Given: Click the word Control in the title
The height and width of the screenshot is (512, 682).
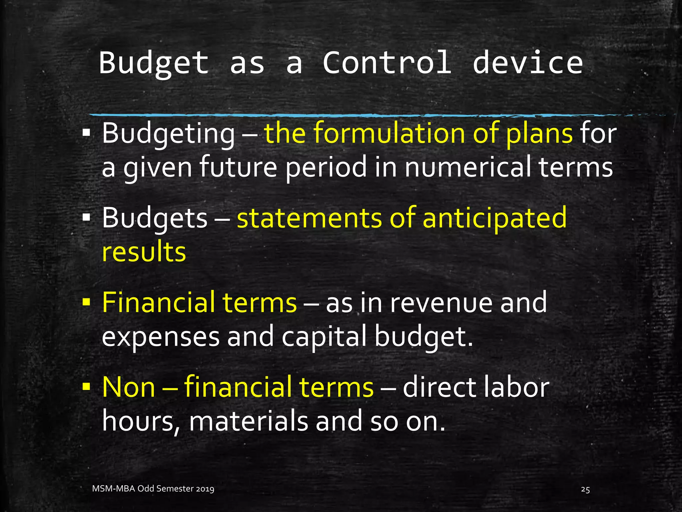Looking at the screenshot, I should [x=387, y=63].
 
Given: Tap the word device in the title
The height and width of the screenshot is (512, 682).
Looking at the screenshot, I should [x=528, y=63].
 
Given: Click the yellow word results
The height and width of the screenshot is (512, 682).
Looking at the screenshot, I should [x=144, y=252].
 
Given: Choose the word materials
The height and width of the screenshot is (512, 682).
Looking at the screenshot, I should [x=248, y=421].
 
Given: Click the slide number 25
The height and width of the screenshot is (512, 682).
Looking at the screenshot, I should [x=585, y=489].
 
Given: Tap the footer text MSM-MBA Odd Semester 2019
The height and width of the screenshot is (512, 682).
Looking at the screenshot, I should [x=153, y=489].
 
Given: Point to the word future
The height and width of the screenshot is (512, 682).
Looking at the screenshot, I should [x=238, y=167].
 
